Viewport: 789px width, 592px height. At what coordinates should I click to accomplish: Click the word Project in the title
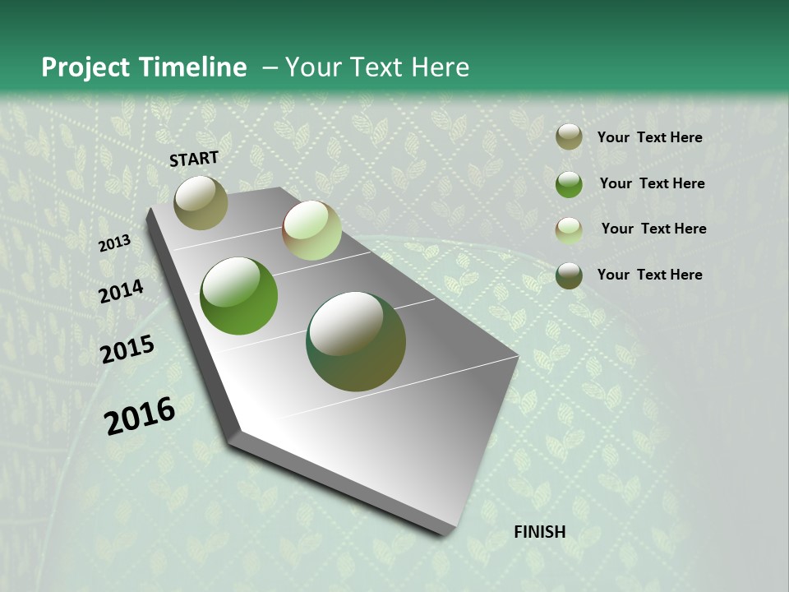point(83,67)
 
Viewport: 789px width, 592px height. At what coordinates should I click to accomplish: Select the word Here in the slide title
point(440,67)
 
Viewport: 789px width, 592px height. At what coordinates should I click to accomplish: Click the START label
point(194,159)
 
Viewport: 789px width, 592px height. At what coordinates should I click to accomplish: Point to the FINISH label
point(540,532)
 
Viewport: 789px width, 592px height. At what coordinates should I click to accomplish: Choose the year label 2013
point(114,243)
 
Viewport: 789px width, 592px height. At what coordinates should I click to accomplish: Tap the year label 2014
point(122,292)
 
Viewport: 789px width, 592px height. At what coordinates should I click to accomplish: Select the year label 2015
point(127,349)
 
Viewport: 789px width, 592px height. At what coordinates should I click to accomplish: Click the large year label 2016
point(140,416)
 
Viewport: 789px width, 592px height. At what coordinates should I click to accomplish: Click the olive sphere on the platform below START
point(201,202)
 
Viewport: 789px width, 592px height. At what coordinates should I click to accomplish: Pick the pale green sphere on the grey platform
point(311,230)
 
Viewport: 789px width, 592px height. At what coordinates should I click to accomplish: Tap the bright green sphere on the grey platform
point(239,296)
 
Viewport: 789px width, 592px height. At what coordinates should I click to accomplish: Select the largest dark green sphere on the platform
point(356,341)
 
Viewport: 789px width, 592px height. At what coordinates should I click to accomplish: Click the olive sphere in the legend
point(569,137)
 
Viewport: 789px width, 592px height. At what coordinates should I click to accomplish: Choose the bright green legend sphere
point(569,184)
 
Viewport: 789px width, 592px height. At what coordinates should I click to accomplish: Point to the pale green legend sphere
point(569,230)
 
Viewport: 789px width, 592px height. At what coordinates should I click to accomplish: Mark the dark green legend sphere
point(569,275)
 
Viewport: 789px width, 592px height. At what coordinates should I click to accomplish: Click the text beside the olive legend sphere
point(649,137)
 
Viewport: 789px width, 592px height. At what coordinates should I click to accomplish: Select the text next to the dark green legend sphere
point(649,275)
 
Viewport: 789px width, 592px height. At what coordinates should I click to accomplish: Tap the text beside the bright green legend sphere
point(652,183)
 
